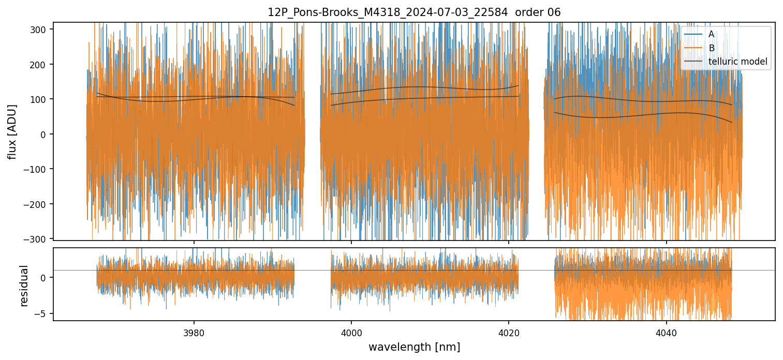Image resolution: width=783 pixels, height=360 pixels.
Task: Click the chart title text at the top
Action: pyautogui.click(x=413, y=12)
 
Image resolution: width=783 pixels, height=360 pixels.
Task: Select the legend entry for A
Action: pyautogui.click(x=711, y=34)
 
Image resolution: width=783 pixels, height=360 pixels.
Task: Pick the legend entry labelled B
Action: pyautogui.click(x=711, y=48)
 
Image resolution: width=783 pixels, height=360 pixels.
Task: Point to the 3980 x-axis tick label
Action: pyautogui.click(x=194, y=332)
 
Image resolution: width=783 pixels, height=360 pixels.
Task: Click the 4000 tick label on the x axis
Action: pyautogui.click(x=351, y=332)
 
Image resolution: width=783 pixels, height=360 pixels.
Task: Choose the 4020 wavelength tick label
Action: pyautogui.click(x=508, y=332)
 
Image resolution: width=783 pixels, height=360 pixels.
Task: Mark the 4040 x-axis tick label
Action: pyautogui.click(x=666, y=332)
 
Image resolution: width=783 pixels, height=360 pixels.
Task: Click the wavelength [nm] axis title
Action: pyautogui.click(x=414, y=347)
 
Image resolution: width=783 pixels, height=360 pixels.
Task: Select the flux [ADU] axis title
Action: pyautogui.click(x=12, y=131)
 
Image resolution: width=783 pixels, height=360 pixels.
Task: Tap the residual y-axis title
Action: pyautogui.click(x=24, y=286)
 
